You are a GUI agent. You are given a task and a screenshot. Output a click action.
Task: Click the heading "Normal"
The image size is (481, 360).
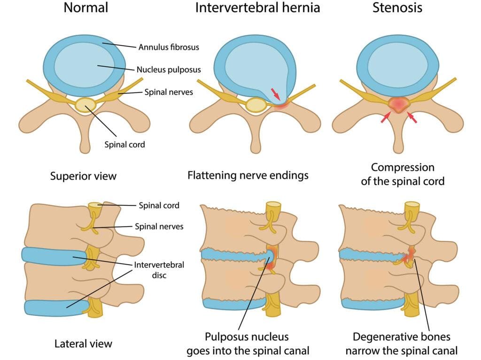pos(86,8)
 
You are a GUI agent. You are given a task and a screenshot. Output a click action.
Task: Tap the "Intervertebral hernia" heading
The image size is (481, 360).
pos(258,8)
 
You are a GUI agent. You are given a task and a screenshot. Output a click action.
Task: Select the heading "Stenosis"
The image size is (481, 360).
pos(397,8)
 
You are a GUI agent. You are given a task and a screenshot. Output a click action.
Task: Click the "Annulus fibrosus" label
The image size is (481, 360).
pos(169,47)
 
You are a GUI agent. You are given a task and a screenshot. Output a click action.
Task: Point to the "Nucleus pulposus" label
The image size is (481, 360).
pos(169,70)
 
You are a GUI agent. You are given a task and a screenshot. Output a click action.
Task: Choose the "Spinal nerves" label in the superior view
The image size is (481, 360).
pos(169,92)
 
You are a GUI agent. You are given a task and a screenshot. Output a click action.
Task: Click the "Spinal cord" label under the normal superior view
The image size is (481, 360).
pos(124,145)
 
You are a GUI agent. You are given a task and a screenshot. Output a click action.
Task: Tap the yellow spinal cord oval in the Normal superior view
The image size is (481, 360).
pos(86,105)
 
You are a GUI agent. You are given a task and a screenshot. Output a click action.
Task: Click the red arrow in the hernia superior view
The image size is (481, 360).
pos(275,94)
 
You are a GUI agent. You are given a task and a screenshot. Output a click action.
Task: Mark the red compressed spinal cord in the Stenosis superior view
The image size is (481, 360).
pos(398,105)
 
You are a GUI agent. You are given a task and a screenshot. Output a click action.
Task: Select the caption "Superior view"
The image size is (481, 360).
pos(84,176)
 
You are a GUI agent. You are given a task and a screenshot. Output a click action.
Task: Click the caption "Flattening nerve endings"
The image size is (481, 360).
pos(248,176)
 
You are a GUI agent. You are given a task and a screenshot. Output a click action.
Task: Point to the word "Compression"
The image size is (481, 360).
pos(403,168)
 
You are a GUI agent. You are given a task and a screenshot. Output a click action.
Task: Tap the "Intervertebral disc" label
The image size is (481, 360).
pos(159,270)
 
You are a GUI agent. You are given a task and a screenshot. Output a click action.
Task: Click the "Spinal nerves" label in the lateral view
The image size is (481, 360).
pos(159,227)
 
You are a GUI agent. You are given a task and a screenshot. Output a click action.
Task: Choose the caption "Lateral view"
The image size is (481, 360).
pos(84,344)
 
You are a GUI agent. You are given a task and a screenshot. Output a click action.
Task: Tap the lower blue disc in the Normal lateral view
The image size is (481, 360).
pos(56,308)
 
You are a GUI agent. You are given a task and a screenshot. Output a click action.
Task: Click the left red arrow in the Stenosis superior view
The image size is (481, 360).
pos(386,117)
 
